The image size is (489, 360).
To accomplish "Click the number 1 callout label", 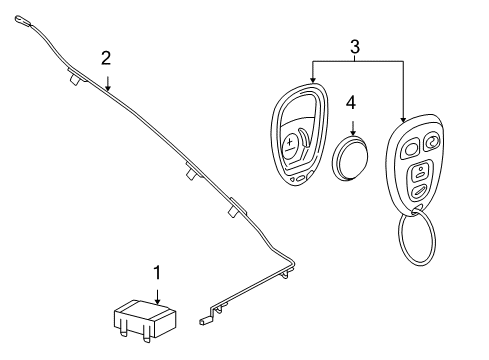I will (155, 273).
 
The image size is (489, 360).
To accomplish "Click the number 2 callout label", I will (106, 57).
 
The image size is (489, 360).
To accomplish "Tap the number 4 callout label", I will (351, 102).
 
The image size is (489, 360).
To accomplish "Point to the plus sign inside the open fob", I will (291, 144).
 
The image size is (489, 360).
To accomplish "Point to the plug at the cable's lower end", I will (207, 321).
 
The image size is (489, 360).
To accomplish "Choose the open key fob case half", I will (299, 134).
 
